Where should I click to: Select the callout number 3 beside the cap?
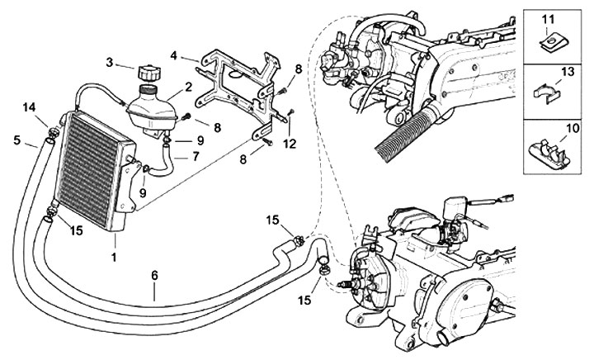[110, 63]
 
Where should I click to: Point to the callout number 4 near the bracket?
[173, 57]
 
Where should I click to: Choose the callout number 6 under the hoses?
[154, 291]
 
